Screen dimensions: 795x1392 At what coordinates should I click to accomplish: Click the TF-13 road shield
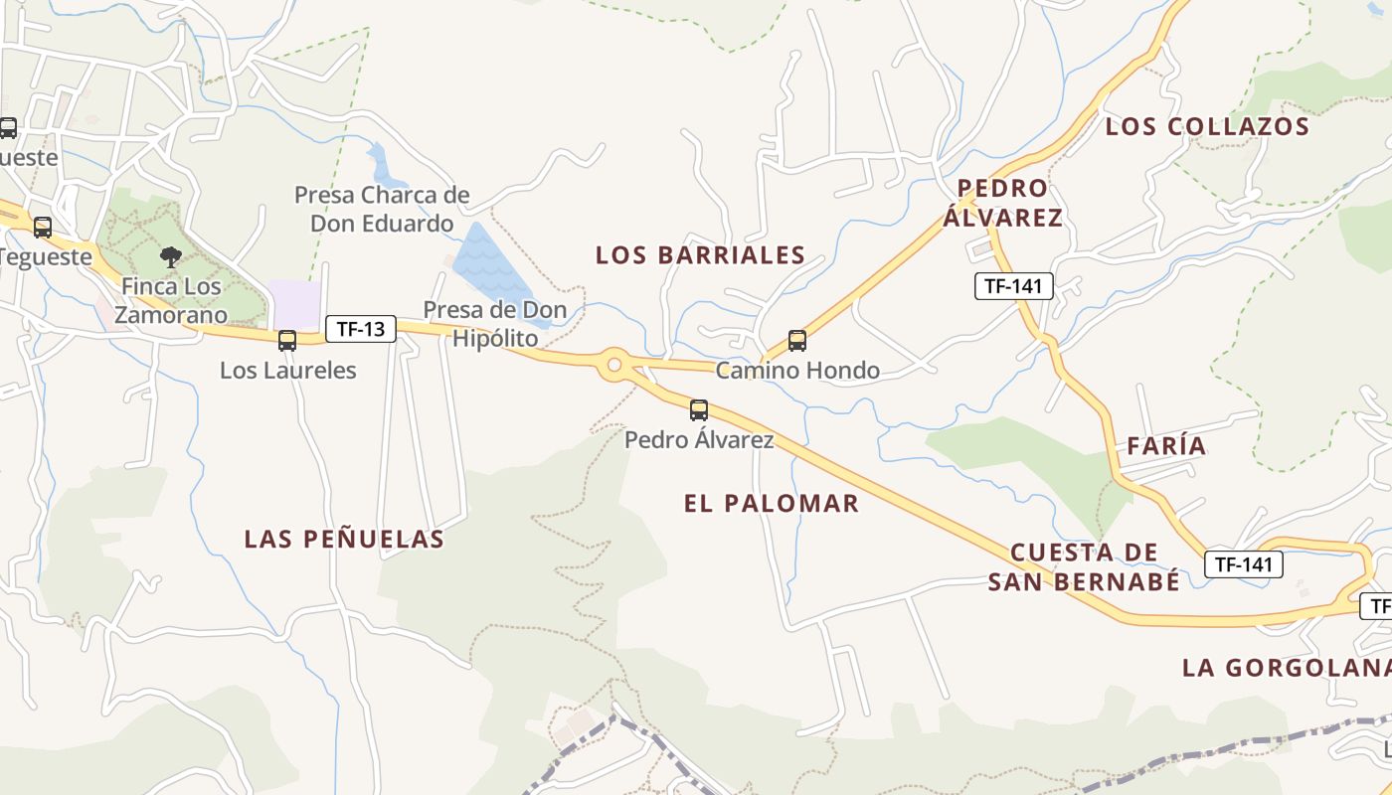click(x=360, y=329)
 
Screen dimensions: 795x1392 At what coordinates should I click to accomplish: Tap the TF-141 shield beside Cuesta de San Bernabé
click(x=1244, y=564)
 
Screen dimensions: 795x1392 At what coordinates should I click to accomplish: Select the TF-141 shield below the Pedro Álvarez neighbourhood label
click(x=1013, y=286)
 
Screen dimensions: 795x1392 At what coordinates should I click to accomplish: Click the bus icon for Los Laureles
click(x=287, y=341)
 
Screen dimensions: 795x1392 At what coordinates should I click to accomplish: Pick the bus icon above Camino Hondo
click(x=797, y=341)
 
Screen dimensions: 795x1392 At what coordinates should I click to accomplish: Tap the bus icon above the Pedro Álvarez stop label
click(x=699, y=409)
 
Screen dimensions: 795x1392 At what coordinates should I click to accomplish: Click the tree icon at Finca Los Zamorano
click(x=171, y=257)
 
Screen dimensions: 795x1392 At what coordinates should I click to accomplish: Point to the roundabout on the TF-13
click(x=614, y=365)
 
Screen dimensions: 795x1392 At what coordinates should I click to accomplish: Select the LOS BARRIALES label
click(x=700, y=255)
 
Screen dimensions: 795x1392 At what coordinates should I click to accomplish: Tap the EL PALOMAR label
click(x=771, y=503)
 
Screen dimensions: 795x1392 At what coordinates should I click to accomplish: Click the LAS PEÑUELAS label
click(x=344, y=540)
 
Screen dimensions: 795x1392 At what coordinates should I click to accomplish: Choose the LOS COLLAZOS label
click(x=1207, y=127)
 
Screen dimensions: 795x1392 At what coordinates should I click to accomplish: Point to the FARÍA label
click(x=1166, y=446)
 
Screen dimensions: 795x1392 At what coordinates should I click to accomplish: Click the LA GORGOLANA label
click(x=1287, y=668)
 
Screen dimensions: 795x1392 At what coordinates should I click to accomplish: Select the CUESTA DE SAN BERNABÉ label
click(x=1084, y=566)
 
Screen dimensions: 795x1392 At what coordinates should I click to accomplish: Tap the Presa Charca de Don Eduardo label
click(x=382, y=209)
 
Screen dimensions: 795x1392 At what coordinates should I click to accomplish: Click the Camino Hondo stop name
click(x=797, y=371)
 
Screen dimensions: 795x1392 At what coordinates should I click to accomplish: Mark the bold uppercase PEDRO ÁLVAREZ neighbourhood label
click(x=1002, y=203)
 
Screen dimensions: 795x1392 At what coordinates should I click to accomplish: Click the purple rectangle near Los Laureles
click(x=295, y=304)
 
